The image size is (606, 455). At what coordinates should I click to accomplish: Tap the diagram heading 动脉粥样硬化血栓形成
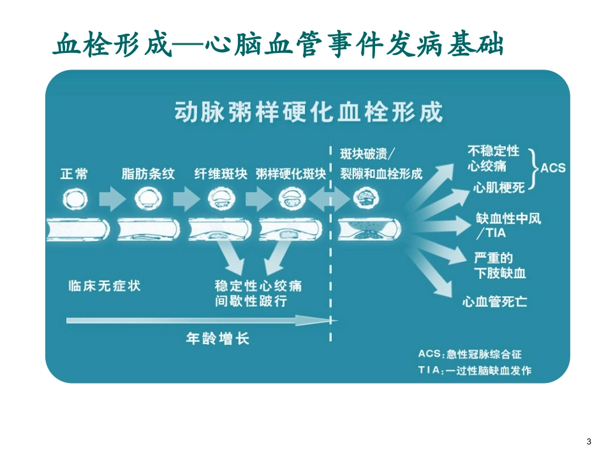coord(307,113)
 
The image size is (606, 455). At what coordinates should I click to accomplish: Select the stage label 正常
coord(74,174)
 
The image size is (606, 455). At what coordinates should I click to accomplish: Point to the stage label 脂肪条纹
coord(147,174)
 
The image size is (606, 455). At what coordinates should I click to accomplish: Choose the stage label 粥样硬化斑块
coord(290,174)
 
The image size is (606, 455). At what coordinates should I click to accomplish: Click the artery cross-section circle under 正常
coord(74,199)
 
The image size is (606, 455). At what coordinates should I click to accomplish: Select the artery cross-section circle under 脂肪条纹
coord(145,199)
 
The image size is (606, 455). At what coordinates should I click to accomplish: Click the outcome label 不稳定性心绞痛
coord(493,159)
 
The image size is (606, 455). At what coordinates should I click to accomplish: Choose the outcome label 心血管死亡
coord(494,301)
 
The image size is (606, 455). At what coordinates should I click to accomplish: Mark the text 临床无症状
coord(104,285)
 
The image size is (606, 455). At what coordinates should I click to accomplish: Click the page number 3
coord(588,442)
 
